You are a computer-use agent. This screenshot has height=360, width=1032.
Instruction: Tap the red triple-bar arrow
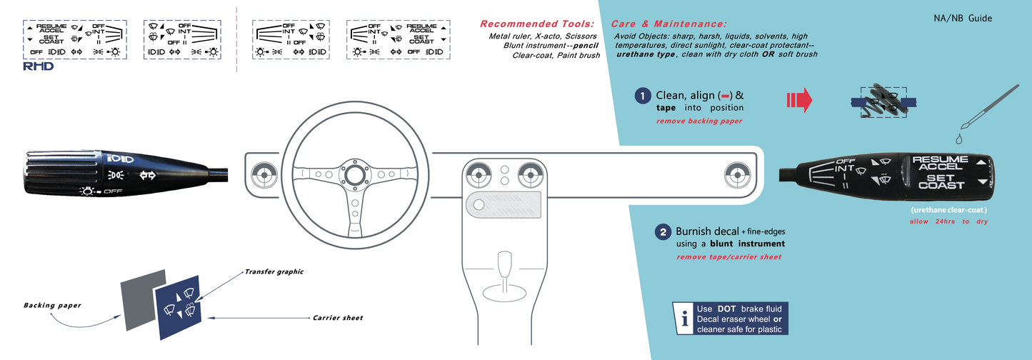799,101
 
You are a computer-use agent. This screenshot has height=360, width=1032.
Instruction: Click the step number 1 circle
643,95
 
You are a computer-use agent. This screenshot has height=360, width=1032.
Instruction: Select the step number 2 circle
663,232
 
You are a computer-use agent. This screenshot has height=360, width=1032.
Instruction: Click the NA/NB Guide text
963,19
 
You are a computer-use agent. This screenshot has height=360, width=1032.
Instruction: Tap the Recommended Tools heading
537,24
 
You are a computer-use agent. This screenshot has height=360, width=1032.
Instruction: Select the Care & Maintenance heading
668,24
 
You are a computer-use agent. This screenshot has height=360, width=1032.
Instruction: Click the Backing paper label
51,305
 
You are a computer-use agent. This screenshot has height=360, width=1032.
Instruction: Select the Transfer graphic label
274,271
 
